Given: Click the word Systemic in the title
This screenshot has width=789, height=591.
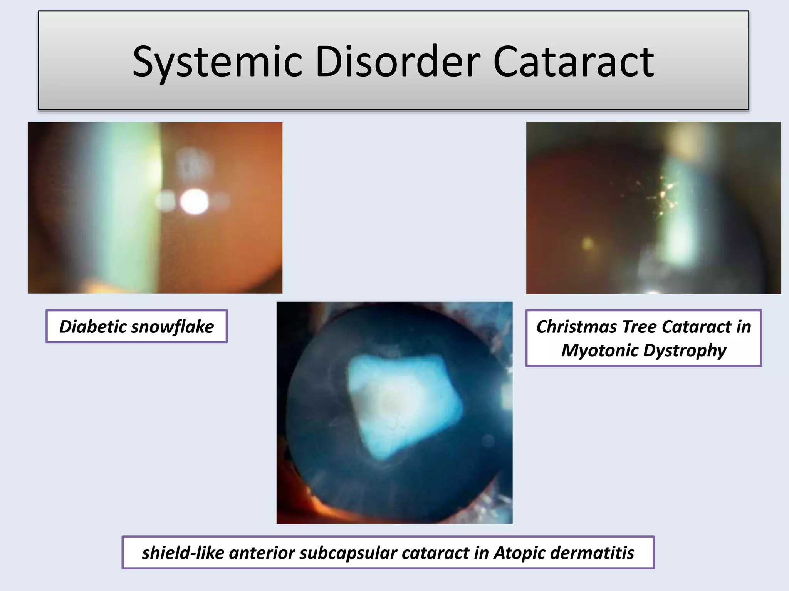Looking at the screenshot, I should (217, 62).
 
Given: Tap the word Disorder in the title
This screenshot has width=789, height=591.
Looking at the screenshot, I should (398, 62).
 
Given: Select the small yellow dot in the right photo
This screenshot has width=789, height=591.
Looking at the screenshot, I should (588, 243).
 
